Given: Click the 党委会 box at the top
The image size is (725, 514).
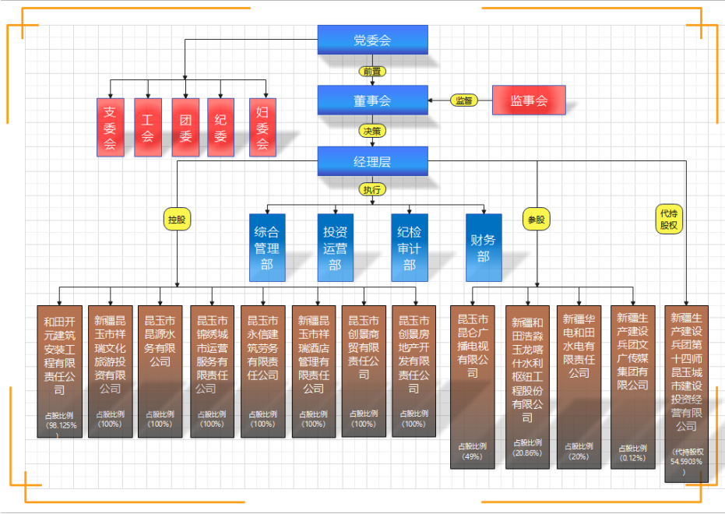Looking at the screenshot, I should pos(372,39).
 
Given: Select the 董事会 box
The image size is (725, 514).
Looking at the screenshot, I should pos(372,100).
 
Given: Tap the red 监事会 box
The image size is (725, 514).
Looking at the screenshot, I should pos(529,100).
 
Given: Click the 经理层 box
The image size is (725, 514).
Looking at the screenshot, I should pos(372,161).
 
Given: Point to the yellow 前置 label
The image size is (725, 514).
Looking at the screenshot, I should pos(372,71).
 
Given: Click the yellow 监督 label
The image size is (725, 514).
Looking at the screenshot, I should pos(464,100).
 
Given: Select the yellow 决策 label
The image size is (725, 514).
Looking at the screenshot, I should pos(372,131).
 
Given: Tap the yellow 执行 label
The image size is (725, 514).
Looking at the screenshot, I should pos(372,189).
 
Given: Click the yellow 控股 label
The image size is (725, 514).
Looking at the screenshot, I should pos(177,220).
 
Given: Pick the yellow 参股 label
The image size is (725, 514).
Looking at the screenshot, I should pos(537,220).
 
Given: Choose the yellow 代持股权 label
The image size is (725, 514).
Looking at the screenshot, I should pos(669,219).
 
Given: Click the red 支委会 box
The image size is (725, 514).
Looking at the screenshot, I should pos(110,127).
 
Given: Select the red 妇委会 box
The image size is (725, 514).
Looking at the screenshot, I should pos(262,127).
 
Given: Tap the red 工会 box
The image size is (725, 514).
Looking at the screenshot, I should pos(148,127).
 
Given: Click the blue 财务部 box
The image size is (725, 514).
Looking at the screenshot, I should pos(483,247).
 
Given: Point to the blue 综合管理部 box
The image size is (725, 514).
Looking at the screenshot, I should pos(266,247).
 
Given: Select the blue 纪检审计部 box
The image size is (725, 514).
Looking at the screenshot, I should pos(410,247).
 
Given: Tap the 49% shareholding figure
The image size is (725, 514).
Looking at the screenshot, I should pos(472,456).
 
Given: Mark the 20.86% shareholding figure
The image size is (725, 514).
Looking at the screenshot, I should pos(527,452).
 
